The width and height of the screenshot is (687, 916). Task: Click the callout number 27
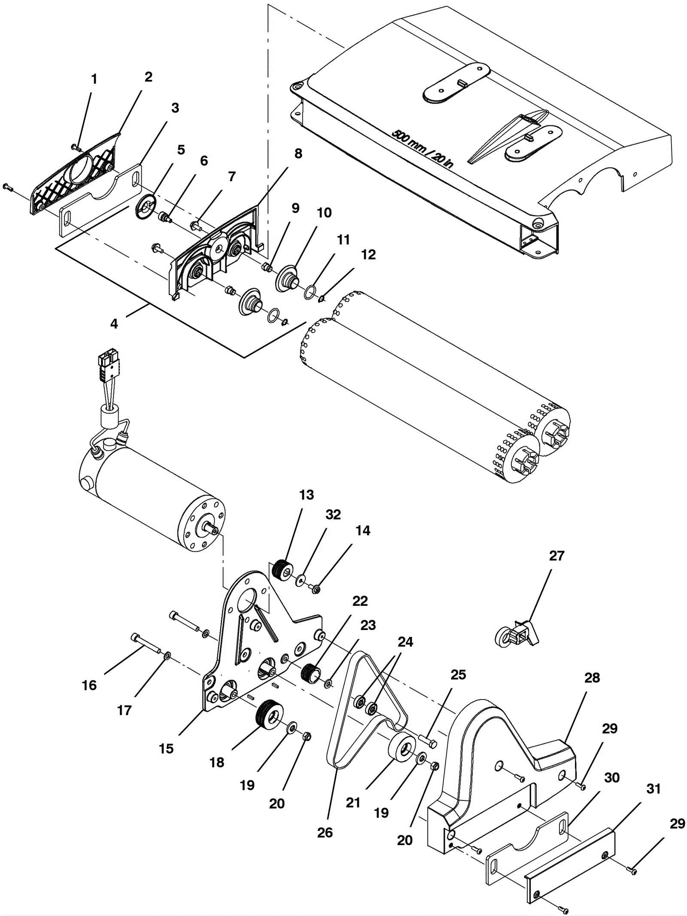pyautogui.click(x=556, y=556)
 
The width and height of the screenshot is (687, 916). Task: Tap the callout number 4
pyautogui.click(x=114, y=324)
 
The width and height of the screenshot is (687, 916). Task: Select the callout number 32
pyautogui.click(x=333, y=514)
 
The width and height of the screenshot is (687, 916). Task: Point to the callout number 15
pyautogui.click(x=166, y=749)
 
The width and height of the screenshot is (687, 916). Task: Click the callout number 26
pyautogui.click(x=325, y=832)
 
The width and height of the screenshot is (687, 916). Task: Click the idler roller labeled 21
pyautogui.click(x=402, y=748)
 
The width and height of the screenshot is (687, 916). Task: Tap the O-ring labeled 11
pyautogui.click(x=310, y=292)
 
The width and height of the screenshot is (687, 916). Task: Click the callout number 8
pyautogui.click(x=298, y=153)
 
